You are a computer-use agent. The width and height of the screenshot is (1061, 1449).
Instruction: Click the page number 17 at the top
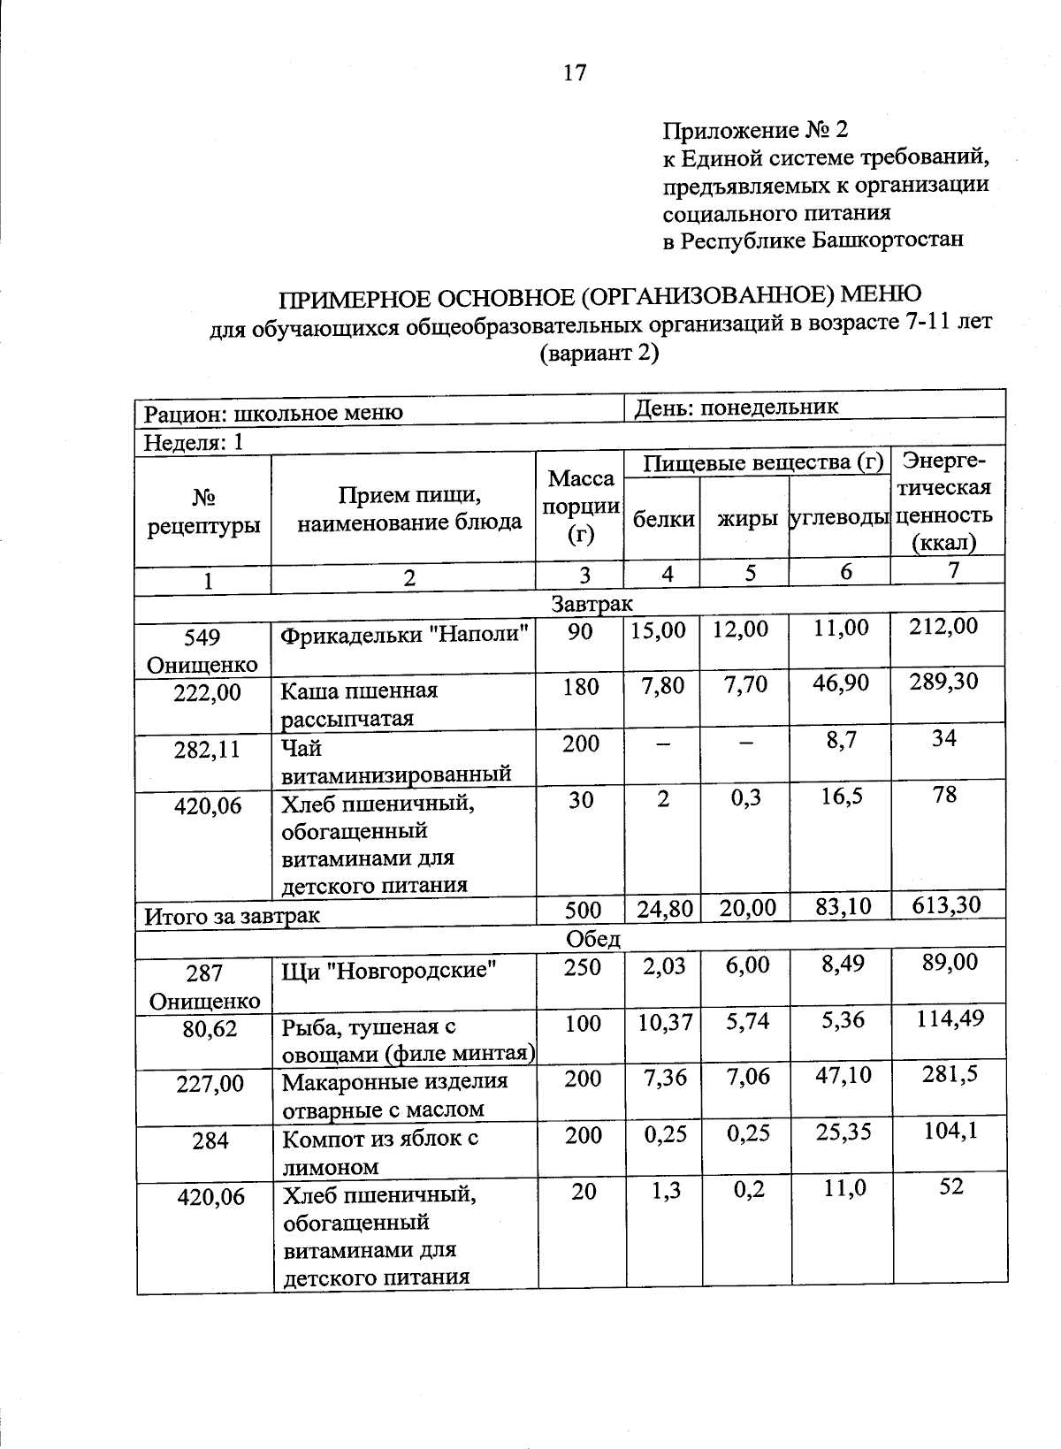[574, 72]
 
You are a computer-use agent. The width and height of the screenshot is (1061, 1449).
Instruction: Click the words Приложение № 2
[755, 131]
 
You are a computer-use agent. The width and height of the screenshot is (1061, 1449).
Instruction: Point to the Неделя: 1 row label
[194, 442]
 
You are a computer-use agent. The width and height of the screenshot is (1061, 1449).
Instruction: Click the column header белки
[664, 520]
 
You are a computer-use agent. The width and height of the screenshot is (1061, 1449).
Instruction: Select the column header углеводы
[839, 518]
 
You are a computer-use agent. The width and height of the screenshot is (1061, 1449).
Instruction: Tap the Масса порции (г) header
[581, 507]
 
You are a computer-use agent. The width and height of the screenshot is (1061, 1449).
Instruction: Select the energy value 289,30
[944, 683]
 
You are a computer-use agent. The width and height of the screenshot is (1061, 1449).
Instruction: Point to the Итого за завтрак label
[233, 916]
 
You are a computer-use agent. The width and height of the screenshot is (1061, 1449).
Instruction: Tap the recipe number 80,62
[210, 1028]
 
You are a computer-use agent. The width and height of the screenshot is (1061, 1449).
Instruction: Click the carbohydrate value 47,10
[843, 1075]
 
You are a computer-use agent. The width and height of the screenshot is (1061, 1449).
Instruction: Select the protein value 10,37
[664, 1022]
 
